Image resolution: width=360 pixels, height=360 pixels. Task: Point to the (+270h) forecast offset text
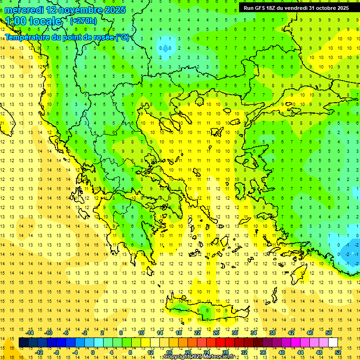83,21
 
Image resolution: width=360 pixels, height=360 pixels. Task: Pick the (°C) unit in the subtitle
122,37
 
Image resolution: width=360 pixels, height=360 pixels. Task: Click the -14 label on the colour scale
30,333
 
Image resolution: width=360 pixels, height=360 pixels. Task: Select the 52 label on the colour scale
338,352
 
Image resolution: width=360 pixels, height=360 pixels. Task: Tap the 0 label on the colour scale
92,352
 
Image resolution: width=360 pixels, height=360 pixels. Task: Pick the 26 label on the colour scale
216,333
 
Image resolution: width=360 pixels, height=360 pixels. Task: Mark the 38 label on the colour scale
272,333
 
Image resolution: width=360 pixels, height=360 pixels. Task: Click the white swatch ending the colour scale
333,343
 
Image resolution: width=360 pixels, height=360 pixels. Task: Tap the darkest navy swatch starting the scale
23,343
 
